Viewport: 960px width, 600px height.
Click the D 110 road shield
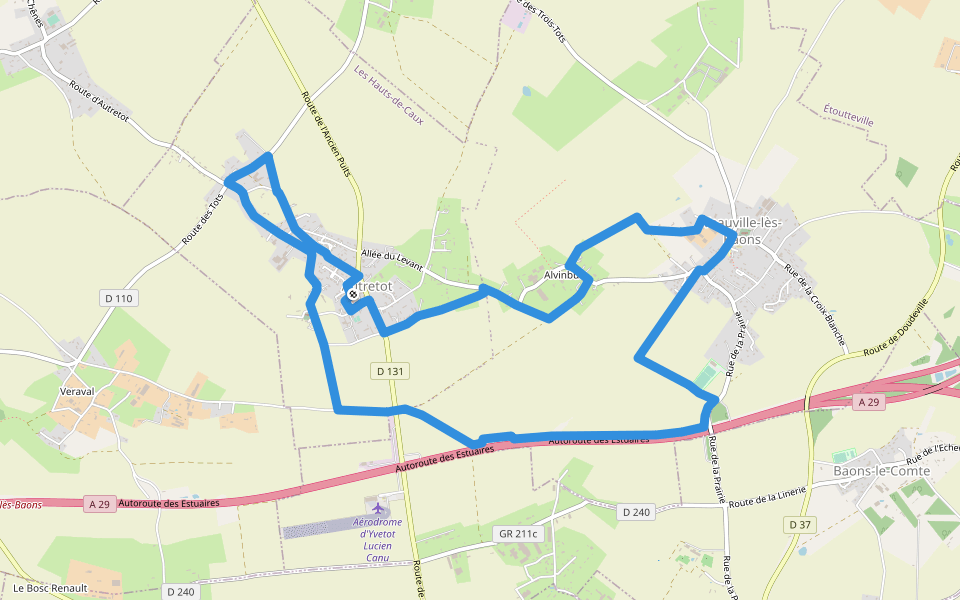pyautogui.click(x=118, y=298)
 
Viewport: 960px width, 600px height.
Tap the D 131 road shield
pyautogui.click(x=391, y=371)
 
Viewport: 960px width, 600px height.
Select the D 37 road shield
pyautogui.click(x=799, y=524)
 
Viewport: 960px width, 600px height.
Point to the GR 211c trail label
pyautogui.click(x=517, y=534)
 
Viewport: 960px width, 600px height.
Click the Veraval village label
pyautogui.click(x=76, y=391)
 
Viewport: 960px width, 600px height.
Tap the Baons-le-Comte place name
pyautogui.click(x=881, y=471)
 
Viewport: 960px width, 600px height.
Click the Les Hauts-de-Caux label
pyautogui.click(x=389, y=96)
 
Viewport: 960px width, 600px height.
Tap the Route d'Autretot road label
pyautogui.click(x=100, y=103)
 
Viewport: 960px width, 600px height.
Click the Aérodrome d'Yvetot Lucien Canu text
pyautogui.click(x=378, y=540)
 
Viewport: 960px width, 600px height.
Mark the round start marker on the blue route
pyautogui.click(x=353, y=294)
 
